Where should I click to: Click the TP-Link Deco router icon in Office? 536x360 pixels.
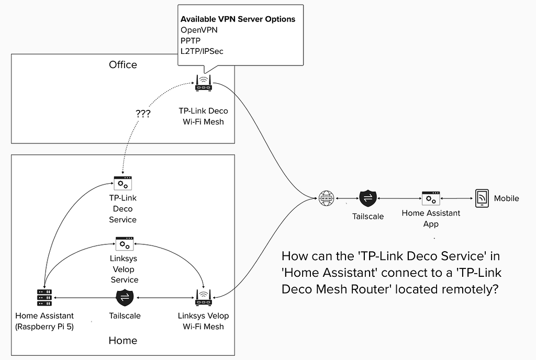click(x=203, y=83)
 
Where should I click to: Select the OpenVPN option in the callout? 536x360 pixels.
click(x=199, y=30)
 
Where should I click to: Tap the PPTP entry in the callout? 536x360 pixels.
click(x=191, y=40)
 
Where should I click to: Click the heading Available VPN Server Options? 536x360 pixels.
click(x=238, y=19)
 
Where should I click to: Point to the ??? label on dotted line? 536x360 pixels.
click(x=142, y=113)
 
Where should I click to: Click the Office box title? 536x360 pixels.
click(x=123, y=65)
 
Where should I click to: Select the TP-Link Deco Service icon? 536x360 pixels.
click(x=123, y=183)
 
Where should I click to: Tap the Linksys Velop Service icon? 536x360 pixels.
click(x=124, y=243)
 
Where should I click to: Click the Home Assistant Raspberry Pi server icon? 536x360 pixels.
click(x=44, y=298)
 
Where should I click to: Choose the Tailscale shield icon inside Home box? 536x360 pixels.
click(x=124, y=298)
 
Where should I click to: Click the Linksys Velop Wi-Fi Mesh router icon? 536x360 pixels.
click(x=203, y=298)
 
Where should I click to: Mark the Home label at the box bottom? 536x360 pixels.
click(x=123, y=341)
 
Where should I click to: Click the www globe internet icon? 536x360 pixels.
click(x=326, y=198)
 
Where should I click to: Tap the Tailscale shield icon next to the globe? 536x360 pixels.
click(x=367, y=198)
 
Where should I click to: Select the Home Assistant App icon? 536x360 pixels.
click(x=431, y=198)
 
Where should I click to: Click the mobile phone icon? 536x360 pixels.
click(x=482, y=198)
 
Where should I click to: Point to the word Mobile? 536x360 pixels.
click(x=506, y=198)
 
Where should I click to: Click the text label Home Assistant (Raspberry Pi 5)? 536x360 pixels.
click(x=44, y=321)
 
